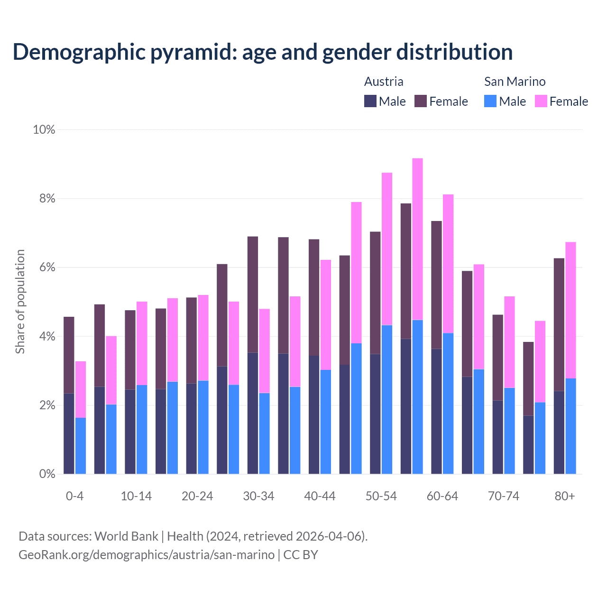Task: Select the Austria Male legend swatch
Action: (370, 101)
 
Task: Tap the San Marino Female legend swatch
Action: (541, 101)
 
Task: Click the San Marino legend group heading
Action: (515, 82)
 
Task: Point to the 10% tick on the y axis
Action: (44, 129)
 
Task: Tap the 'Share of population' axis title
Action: (20, 302)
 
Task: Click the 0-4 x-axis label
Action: (75, 496)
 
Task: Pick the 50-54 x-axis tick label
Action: (381, 496)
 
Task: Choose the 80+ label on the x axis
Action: (565, 496)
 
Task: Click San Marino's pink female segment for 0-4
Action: (81, 389)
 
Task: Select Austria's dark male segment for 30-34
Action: (253, 413)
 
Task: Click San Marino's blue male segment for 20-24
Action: (203, 427)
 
